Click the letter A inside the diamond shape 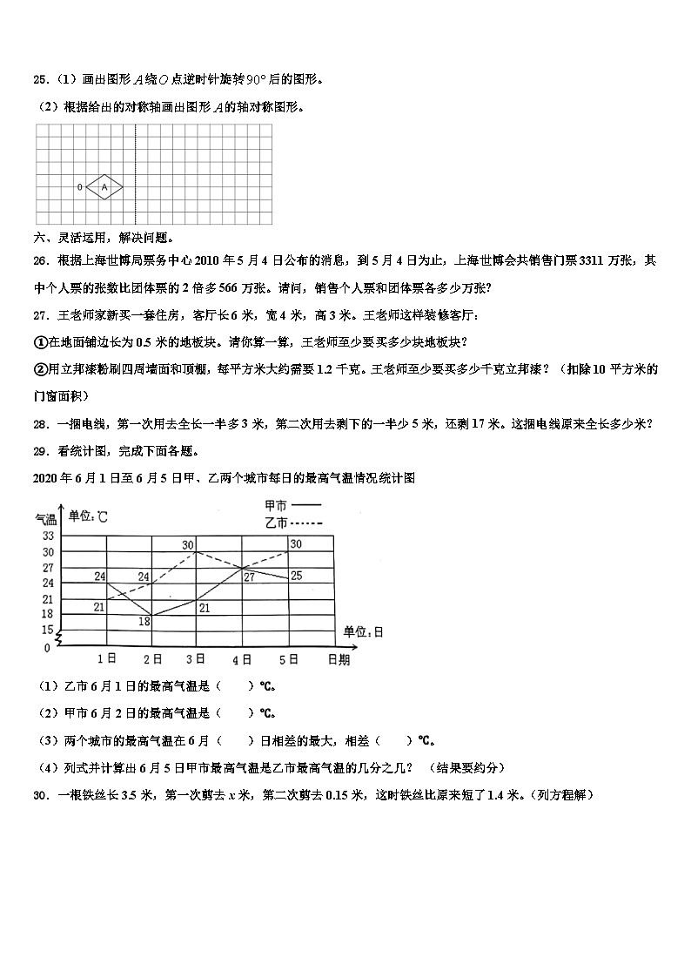click(104, 186)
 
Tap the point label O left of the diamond click(79, 186)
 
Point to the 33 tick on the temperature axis click(48, 536)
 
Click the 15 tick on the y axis click(48, 630)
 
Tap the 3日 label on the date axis click(196, 659)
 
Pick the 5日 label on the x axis click(288, 659)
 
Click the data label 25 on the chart click(296, 576)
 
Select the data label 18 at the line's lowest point click(144, 621)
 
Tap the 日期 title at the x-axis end click(339, 660)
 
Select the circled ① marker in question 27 click(39, 341)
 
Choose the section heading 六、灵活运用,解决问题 click(103, 237)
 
